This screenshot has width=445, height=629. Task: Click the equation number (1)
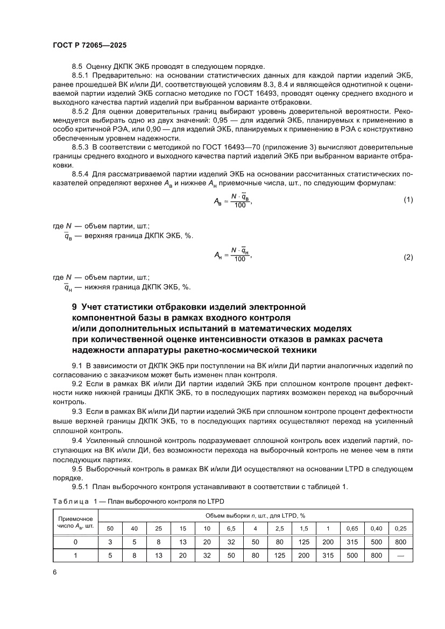[408, 200]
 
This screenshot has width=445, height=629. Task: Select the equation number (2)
[408, 257]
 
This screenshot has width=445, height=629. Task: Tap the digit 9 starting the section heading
[74, 307]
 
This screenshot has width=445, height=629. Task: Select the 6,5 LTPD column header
[231, 528]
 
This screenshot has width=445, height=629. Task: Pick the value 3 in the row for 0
[110, 542]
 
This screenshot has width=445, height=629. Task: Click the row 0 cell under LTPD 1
[328, 542]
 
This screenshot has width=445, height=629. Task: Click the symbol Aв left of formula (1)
[219, 200]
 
